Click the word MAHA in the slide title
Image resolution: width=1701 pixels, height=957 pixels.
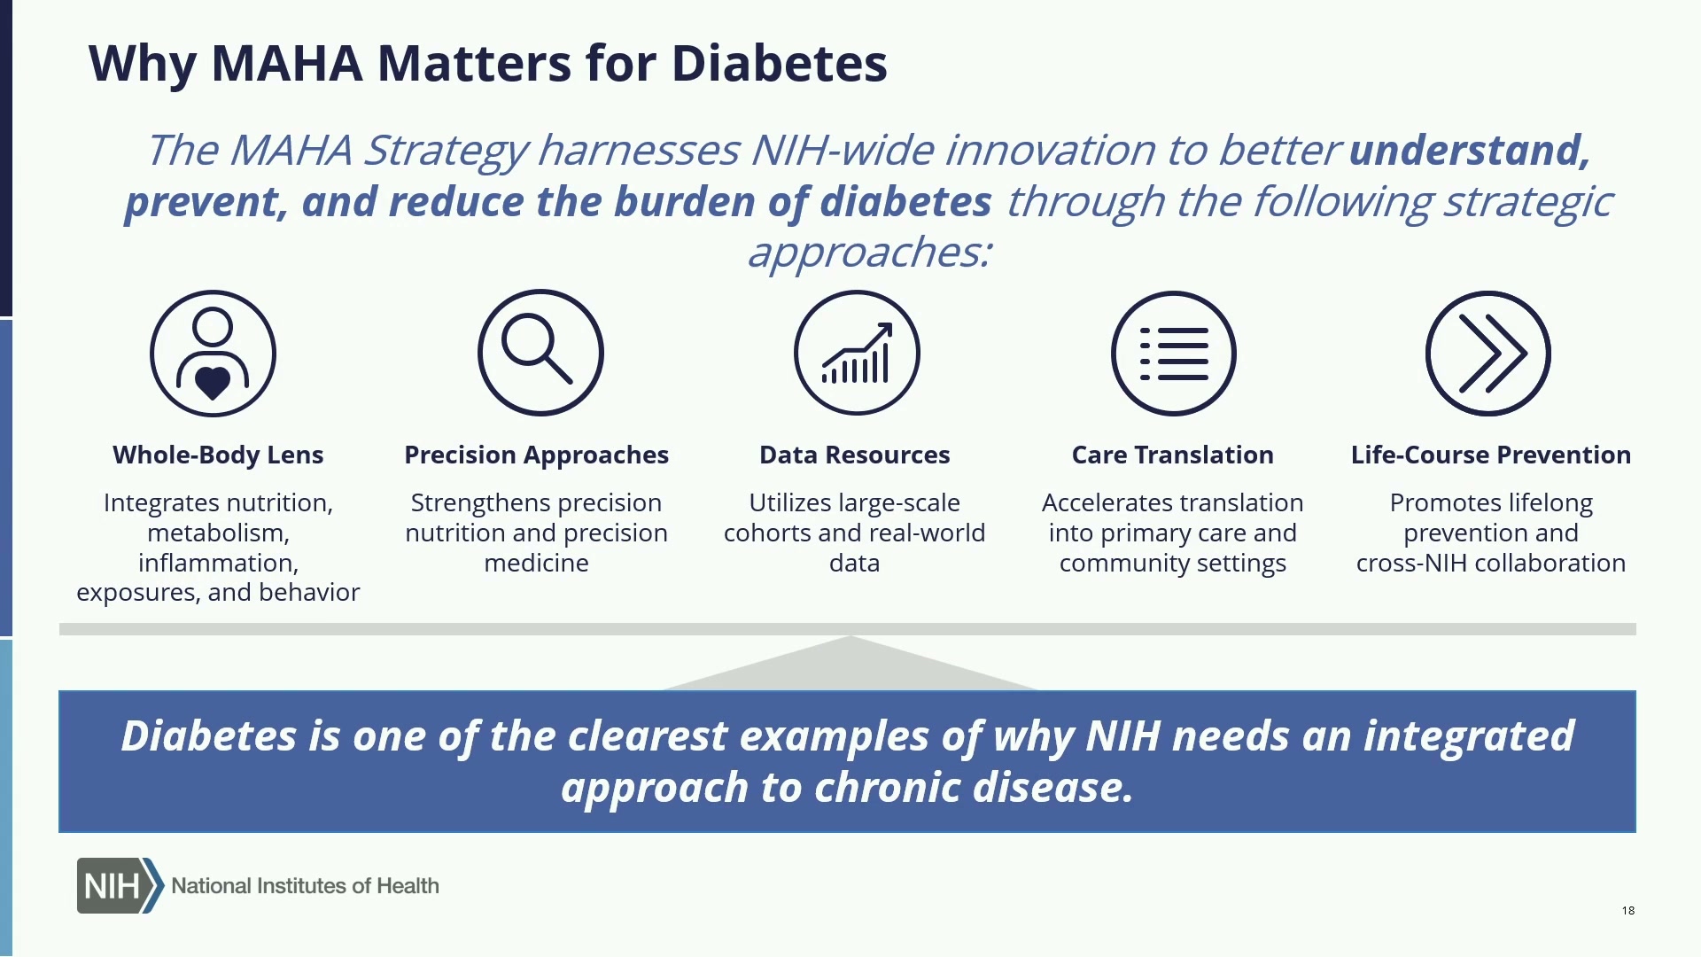point(287,64)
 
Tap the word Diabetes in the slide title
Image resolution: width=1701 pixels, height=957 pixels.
point(780,64)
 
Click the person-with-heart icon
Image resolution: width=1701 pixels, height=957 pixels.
point(213,354)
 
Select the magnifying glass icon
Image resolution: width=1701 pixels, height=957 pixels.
point(540,353)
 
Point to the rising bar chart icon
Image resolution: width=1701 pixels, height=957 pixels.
point(857,353)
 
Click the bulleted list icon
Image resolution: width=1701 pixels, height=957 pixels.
point(1174,354)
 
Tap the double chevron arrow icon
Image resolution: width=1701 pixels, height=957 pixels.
point(1488,354)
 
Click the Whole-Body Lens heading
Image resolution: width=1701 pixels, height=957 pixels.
point(218,455)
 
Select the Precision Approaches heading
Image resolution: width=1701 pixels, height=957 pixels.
point(537,455)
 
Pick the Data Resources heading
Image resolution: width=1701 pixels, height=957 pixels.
point(855,455)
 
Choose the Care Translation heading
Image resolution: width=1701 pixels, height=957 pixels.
point(1173,455)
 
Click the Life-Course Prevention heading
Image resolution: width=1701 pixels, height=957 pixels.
point(1491,455)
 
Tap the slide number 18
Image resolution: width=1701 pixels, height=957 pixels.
point(1628,911)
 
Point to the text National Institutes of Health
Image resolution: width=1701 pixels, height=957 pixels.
point(305,886)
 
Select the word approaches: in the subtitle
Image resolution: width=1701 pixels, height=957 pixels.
point(869,253)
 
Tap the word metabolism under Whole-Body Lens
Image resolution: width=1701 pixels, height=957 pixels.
point(218,533)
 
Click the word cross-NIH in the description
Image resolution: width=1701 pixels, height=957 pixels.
point(1411,564)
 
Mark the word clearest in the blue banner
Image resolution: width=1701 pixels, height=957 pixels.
point(648,736)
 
